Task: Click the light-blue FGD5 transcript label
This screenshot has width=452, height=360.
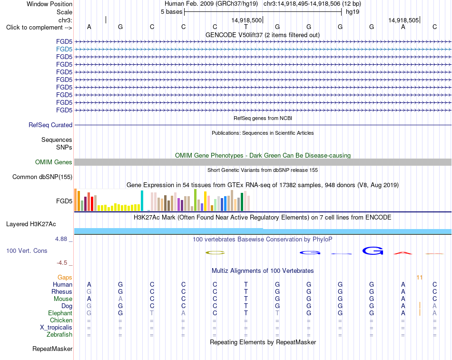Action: pyautogui.click(x=64, y=50)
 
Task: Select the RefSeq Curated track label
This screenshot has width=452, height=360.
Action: pyautogui.click(x=50, y=125)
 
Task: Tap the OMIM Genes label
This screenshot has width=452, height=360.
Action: pyautogui.click(x=54, y=162)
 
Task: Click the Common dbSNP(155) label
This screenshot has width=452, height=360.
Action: pyautogui.click(x=42, y=177)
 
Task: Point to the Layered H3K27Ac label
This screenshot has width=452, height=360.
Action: pyautogui.click(x=31, y=224)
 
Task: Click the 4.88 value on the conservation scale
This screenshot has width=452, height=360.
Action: pyautogui.click(x=61, y=239)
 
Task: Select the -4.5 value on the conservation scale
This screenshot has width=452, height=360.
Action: pyautogui.click(x=62, y=263)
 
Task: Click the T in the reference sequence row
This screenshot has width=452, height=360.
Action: pyautogui.click(x=246, y=27)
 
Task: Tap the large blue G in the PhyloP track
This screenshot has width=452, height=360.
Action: pyautogui.click(x=373, y=250)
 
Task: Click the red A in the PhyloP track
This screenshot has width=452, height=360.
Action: pyautogui.click(x=403, y=253)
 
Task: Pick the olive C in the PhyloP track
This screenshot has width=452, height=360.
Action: pyautogui.click(x=215, y=253)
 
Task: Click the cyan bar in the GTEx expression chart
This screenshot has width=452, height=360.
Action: pyautogui.click(x=142, y=201)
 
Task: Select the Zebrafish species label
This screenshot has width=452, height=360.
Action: pyautogui.click(x=59, y=335)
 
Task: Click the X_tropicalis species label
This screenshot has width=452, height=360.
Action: pyautogui.click(x=56, y=328)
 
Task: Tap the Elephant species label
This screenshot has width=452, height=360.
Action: pyautogui.click(x=60, y=313)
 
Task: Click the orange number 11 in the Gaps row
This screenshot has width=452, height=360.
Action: pyautogui.click(x=420, y=278)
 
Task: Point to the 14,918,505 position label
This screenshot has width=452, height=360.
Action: pyautogui.click(x=403, y=20)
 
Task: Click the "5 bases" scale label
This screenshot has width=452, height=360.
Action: pyautogui.click(x=171, y=12)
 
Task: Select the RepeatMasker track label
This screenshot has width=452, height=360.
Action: pyautogui.click(x=52, y=349)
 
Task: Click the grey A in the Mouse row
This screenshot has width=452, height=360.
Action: pyautogui.click(x=120, y=299)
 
